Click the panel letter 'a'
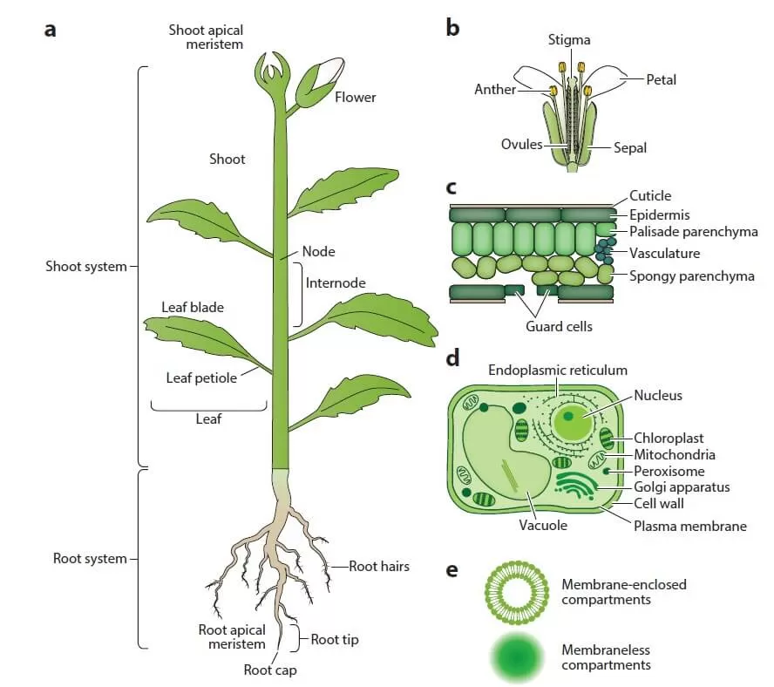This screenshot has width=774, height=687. coord(51,30)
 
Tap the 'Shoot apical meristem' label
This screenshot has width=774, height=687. coord(206,37)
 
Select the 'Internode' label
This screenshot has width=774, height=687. coord(336,282)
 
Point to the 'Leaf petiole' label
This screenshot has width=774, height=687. coord(201,378)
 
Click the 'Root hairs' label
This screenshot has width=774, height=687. coord(379,566)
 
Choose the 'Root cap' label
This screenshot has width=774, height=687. coord(269,670)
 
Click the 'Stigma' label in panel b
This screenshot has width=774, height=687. coord(569,40)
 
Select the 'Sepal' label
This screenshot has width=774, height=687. coord(629,148)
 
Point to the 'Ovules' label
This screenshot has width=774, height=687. coord(521,144)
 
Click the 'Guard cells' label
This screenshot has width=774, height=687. coord(559,326)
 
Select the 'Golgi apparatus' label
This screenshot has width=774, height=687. coord(681,486)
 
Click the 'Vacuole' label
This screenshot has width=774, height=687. coord(543,525)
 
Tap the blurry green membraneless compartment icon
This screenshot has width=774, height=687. coord(513,657)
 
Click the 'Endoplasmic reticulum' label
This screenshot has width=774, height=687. coord(557,371)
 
